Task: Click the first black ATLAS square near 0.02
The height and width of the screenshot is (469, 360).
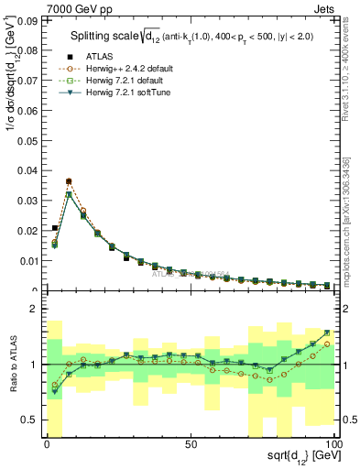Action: [x=55, y=228]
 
